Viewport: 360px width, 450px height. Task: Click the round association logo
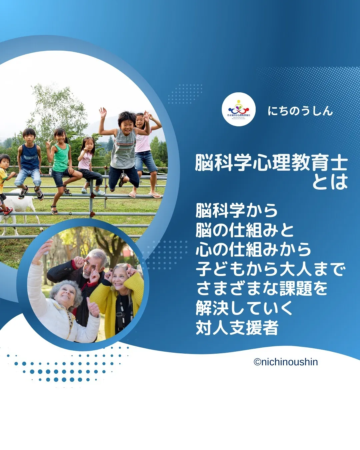(x=239, y=109)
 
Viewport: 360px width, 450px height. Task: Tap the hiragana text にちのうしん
(x=300, y=111)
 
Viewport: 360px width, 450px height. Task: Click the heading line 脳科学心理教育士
(x=271, y=163)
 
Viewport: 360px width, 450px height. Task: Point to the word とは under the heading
(x=330, y=182)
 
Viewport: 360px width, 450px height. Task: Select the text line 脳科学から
(x=237, y=210)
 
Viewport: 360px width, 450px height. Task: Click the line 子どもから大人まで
(x=270, y=269)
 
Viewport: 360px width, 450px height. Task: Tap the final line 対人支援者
(x=237, y=328)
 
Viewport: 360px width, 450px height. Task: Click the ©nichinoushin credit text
(x=286, y=362)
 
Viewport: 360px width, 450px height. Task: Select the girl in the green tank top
(x=61, y=157)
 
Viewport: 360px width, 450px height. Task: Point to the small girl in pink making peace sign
(x=87, y=160)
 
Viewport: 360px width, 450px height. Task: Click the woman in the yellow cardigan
(x=118, y=300)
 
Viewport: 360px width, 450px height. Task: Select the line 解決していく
(x=244, y=308)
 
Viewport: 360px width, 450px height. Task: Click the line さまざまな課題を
(x=262, y=289)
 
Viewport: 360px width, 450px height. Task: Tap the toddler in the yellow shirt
(x=4, y=177)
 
